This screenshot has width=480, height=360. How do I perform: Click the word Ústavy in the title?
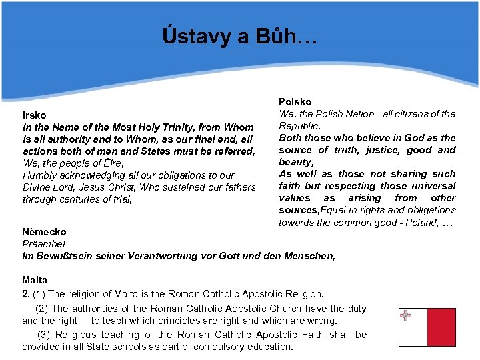(x=193, y=36)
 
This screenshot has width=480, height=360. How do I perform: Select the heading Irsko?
(x=35, y=115)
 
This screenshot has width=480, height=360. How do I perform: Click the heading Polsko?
(x=295, y=102)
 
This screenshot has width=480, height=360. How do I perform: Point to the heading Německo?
(x=44, y=232)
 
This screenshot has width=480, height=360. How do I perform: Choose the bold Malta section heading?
(x=34, y=281)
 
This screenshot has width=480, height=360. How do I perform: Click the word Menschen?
(x=308, y=256)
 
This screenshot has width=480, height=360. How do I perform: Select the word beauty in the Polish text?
(x=295, y=162)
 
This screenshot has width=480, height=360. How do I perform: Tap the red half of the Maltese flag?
(x=441, y=327)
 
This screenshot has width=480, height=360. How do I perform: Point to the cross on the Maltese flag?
(x=405, y=316)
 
